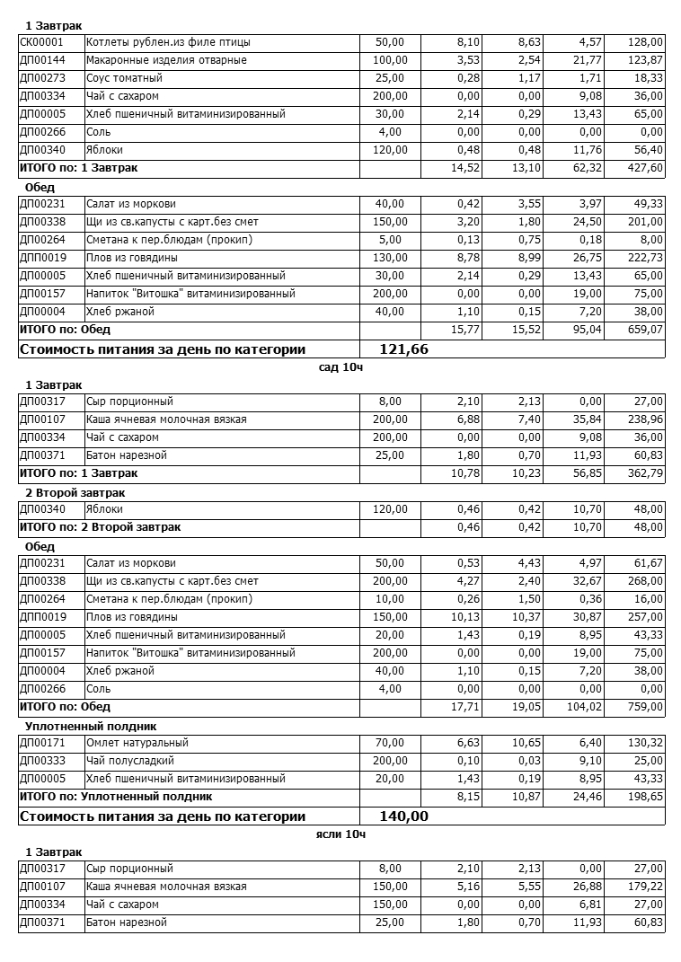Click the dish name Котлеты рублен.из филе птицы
click(168, 42)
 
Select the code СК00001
click(42, 42)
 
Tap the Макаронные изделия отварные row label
click(166, 60)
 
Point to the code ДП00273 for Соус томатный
click(42, 78)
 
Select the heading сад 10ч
click(340, 366)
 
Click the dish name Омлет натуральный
click(137, 743)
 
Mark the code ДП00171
click(42, 743)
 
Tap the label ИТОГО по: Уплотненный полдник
click(115, 796)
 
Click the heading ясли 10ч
click(340, 834)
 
